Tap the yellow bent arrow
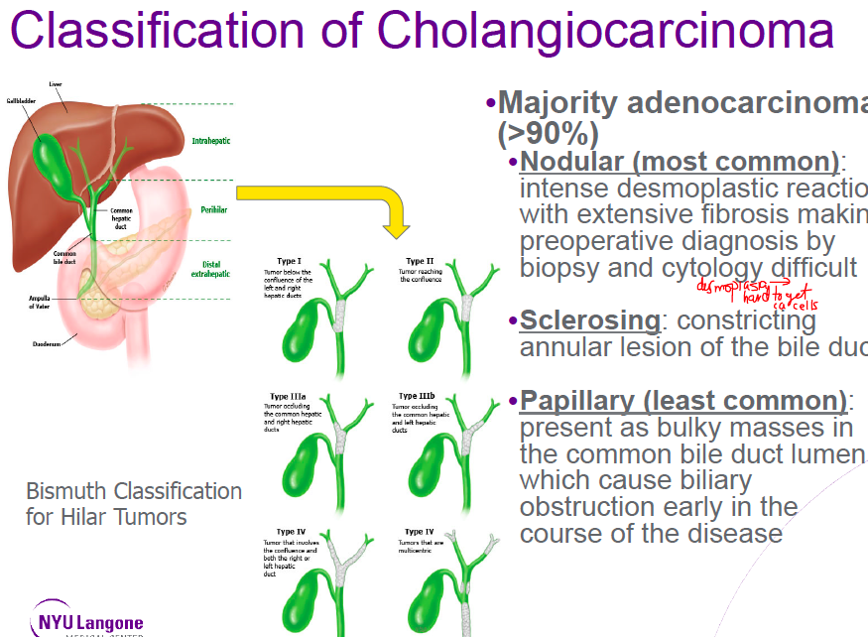tap(327, 196)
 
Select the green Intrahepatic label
tap(210, 141)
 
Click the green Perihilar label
tap(212, 210)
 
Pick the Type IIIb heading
tap(418, 396)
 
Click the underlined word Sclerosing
tap(590, 320)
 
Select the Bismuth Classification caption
tap(134, 503)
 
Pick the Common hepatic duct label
tap(122, 218)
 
